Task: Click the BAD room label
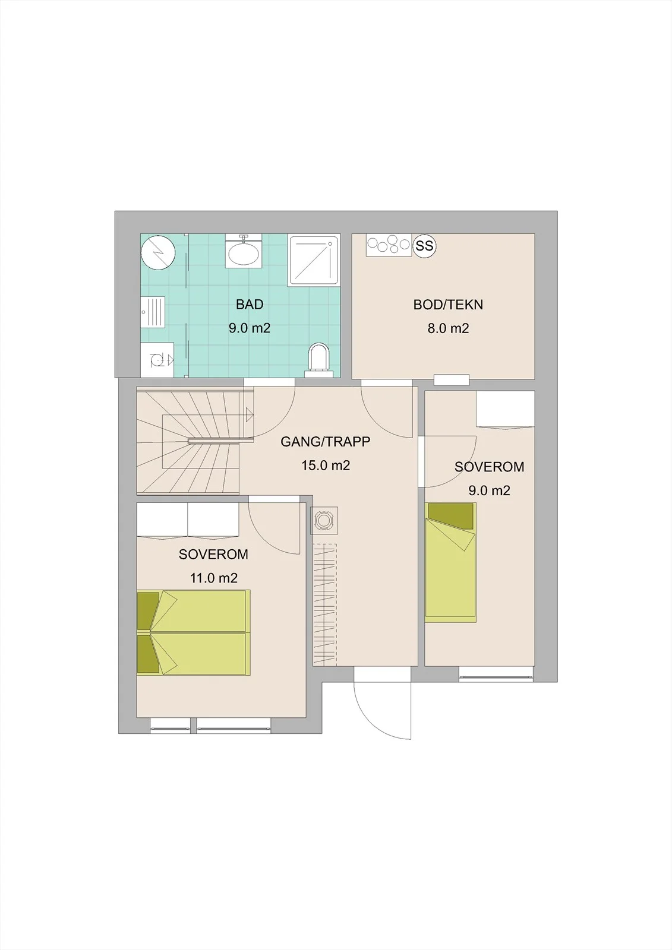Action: (x=250, y=305)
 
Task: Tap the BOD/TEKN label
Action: (x=448, y=305)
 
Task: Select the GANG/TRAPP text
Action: (x=325, y=442)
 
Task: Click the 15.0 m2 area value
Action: (x=326, y=465)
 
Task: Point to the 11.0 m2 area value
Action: (x=213, y=578)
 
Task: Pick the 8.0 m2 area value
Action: (x=448, y=328)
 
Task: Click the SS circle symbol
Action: (x=424, y=246)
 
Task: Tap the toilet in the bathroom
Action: (x=320, y=359)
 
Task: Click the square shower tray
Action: (x=314, y=260)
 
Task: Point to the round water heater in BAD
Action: (x=158, y=253)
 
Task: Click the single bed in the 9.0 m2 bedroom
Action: (x=451, y=562)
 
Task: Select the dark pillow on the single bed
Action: (x=450, y=516)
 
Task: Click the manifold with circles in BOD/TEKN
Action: (x=390, y=245)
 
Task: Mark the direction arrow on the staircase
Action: (x=249, y=414)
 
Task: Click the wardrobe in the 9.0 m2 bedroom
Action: (x=505, y=409)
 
